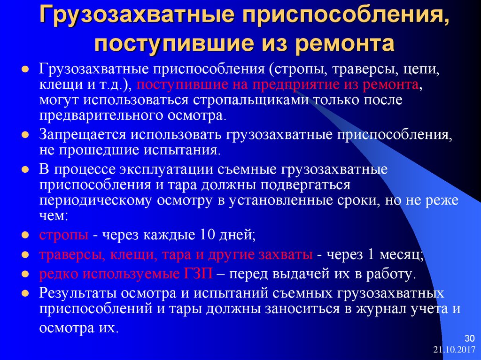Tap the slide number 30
click(469, 338)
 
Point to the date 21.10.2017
click(454, 350)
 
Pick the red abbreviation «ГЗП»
click(198, 274)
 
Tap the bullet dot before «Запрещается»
click(25, 135)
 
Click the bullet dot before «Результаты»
click(25, 293)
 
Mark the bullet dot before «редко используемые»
click(25, 274)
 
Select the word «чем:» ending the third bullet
click(53, 216)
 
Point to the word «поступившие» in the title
click(174, 43)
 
